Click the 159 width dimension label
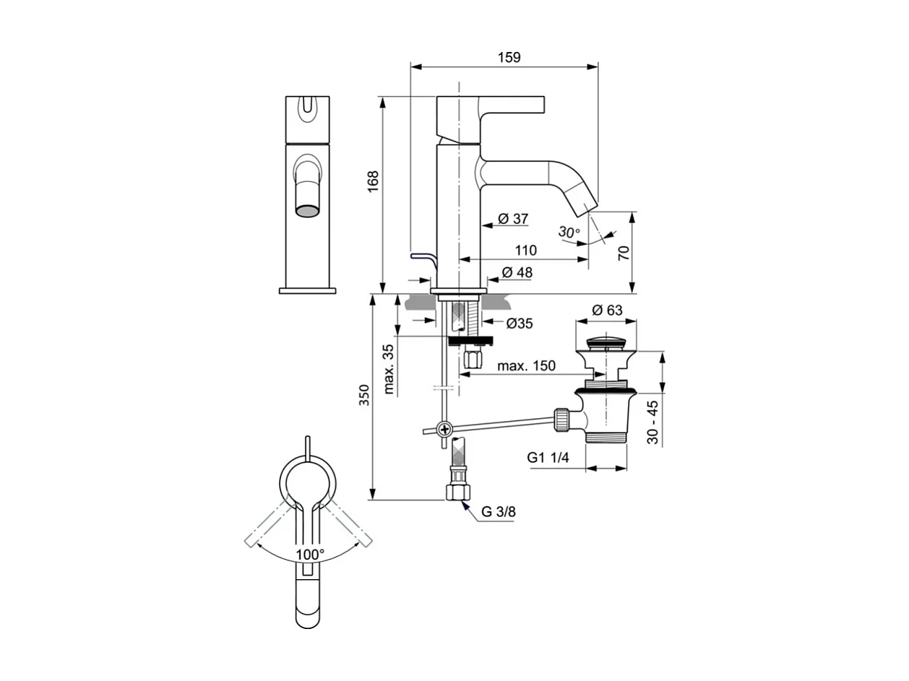[x=509, y=57]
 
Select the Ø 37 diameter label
[x=513, y=219]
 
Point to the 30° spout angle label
[x=569, y=233]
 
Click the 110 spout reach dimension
[x=525, y=251]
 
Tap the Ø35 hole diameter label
[x=519, y=324]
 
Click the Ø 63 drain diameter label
[x=607, y=311]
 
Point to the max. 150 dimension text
[x=526, y=366]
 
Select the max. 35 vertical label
[x=389, y=369]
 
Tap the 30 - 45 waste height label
[x=653, y=422]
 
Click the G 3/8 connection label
[x=498, y=512]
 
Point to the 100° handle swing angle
[x=310, y=554]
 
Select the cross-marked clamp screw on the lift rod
[x=444, y=430]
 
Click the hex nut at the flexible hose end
[x=458, y=493]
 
